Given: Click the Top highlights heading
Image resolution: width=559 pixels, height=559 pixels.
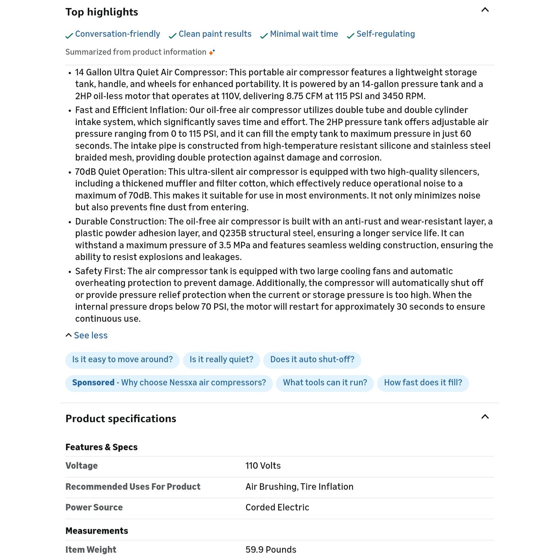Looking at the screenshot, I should point(102,12).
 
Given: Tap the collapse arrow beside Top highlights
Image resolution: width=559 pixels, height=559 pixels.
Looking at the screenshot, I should point(485,10).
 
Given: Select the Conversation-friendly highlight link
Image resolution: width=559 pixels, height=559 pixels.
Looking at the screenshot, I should point(117,34).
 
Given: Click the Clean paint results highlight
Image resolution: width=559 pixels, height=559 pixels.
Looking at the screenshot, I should point(215,34).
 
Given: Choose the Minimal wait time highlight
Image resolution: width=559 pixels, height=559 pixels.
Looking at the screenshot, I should point(304,34).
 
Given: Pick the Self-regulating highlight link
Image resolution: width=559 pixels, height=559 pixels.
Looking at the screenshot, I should point(385,34).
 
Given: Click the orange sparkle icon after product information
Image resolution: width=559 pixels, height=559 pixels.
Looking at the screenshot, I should point(212,52).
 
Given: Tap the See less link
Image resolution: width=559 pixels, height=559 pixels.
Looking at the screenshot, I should point(90,335).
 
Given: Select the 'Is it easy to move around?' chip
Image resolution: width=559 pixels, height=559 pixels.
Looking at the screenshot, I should point(122,360).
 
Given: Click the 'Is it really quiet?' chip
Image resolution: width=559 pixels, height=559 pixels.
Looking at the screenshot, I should point(222,360).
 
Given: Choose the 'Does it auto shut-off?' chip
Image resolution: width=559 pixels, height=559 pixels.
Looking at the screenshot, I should point(312,360).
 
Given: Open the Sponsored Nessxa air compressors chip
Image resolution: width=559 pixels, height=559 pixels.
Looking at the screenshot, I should point(169,383).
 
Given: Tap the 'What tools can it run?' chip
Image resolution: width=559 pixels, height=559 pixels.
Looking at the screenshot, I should point(325,383).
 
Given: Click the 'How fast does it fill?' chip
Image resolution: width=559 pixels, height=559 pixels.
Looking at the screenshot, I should point(423,383).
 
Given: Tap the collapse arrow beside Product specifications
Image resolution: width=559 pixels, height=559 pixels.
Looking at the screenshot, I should point(485,417).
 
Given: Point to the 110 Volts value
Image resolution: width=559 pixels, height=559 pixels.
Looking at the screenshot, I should point(263,466).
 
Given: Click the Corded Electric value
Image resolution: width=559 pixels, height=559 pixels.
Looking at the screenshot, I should point(277,507).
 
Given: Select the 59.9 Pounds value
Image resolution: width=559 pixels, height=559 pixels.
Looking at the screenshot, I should point(271,550).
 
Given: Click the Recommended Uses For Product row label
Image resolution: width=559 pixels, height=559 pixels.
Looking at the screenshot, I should point(133,487).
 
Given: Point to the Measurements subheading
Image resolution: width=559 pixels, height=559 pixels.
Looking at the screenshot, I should point(97,531).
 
